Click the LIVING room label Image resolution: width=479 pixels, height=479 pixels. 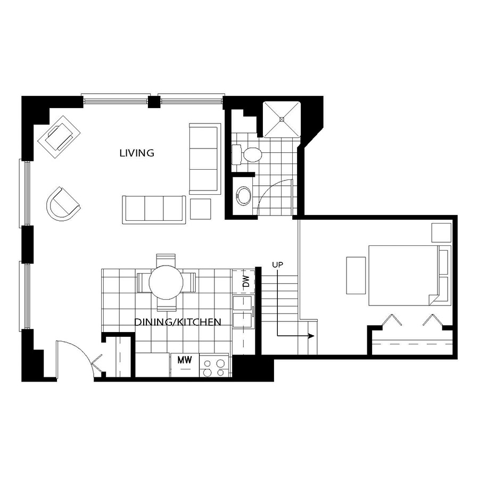[137, 153]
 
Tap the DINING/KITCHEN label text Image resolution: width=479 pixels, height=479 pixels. [177, 322]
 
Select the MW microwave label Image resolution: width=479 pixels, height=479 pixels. [185, 360]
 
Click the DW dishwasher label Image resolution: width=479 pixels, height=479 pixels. [246, 282]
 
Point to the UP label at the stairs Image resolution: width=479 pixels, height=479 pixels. [278, 265]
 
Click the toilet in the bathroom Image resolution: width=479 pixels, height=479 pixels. [247, 154]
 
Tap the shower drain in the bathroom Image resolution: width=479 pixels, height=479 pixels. [282, 119]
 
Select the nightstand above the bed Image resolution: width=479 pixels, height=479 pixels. [441, 233]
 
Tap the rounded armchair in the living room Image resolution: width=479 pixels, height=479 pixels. [63, 204]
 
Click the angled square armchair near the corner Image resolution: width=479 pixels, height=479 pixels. [59, 137]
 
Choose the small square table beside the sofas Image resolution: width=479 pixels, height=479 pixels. [201, 209]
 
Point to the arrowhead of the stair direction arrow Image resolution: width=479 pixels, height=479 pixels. [311, 336]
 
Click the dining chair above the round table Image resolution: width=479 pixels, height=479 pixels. [166, 260]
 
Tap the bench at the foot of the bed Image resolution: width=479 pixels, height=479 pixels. [356, 275]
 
